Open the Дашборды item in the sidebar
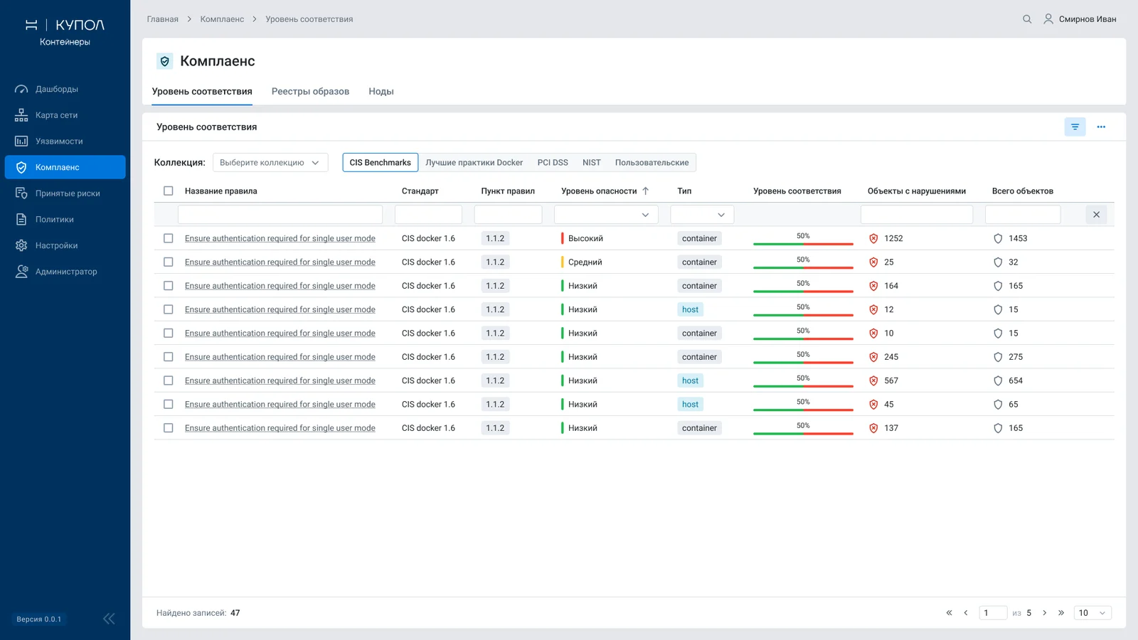pos(56,89)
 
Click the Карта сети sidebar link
pos(56,115)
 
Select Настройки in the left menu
pos(56,245)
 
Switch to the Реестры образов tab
pos(310,92)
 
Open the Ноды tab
pos(381,92)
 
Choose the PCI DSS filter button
pos(552,163)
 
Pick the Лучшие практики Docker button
pos(474,163)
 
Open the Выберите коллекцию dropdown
pos(270,163)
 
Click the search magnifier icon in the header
pos(1027,19)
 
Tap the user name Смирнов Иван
pos(1088,19)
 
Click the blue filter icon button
pos(1075,127)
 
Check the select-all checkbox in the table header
pos(168,191)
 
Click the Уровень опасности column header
pos(599,191)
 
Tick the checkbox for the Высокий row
pos(168,238)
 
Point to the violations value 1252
pos(893,238)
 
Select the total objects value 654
pos(1016,380)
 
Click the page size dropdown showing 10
pos(1092,613)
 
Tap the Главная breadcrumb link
pos(163,19)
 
